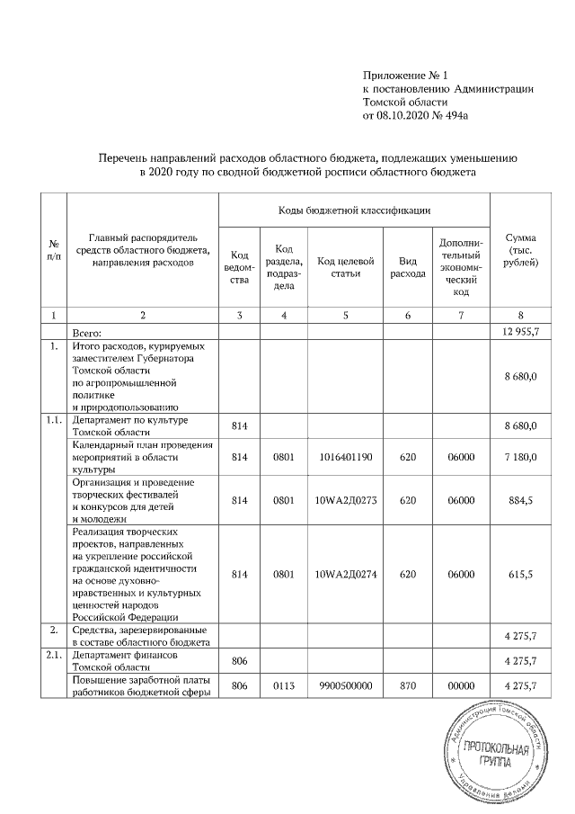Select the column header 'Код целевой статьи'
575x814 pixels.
[x=345, y=267]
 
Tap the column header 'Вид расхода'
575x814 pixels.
[x=407, y=267]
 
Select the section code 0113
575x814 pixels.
[x=284, y=686]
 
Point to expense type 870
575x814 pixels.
[x=407, y=686]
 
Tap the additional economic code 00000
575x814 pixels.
[x=461, y=686]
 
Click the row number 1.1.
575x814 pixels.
[x=54, y=419]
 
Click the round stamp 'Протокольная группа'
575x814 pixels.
[x=493, y=752]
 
